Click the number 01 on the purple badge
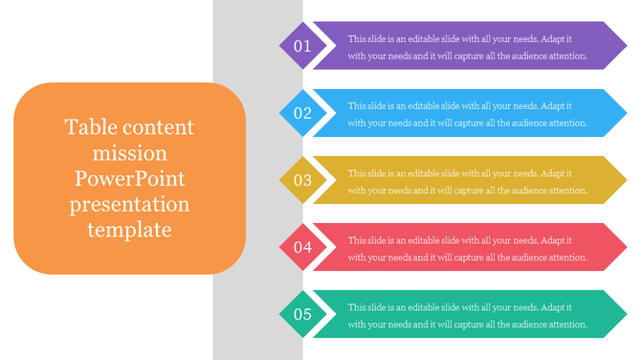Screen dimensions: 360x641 pos(302,46)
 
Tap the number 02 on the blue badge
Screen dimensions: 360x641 pos(302,113)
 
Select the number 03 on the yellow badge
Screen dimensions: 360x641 pos(302,180)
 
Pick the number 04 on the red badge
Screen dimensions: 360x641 pos(302,247)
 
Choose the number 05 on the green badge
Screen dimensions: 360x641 pos(302,314)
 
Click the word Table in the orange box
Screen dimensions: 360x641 pos(87,127)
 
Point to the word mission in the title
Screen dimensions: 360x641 pos(129,153)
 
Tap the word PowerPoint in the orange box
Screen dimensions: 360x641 pos(129,179)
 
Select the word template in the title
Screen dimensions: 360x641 pos(129,230)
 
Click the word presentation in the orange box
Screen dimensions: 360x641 pos(129,205)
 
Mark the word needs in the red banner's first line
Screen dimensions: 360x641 pos(522,240)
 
